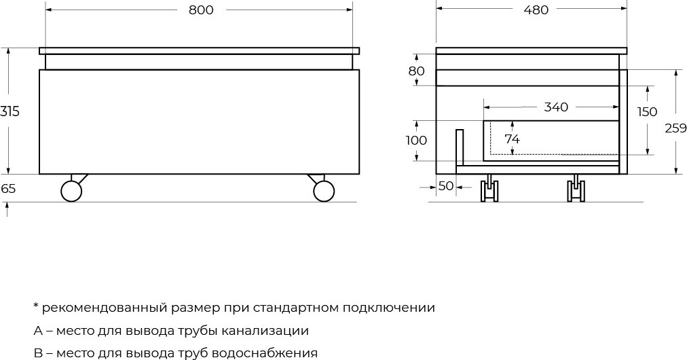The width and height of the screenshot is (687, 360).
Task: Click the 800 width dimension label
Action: [x=201, y=10]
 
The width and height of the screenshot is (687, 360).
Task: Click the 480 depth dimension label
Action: [x=536, y=10]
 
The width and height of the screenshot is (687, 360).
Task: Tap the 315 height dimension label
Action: [x=10, y=111]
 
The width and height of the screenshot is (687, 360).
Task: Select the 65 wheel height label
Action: [x=8, y=189]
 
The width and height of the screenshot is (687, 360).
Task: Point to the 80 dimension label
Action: [x=417, y=71]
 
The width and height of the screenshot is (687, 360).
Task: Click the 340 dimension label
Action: [x=556, y=107]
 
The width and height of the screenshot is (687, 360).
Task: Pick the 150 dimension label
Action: [x=647, y=112]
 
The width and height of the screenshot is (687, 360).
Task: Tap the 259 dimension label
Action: [x=675, y=128]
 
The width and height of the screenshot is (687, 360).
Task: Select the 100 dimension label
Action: [x=416, y=141]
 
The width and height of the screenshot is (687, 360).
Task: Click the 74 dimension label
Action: [x=512, y=139]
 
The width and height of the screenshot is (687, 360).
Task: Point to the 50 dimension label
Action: [x=446, y=186]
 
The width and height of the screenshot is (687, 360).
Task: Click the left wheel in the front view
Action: [x=71, y=191]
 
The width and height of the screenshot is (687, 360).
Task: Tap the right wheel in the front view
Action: [x=324, y=191]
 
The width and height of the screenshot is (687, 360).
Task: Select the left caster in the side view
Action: [x=489, y=188]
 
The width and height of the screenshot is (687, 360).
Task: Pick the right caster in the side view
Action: [x=576, y=188]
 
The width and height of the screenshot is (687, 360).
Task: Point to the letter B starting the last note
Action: [x=37, y=353]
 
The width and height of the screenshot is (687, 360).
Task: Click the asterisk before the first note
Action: [x=36, y=305]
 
